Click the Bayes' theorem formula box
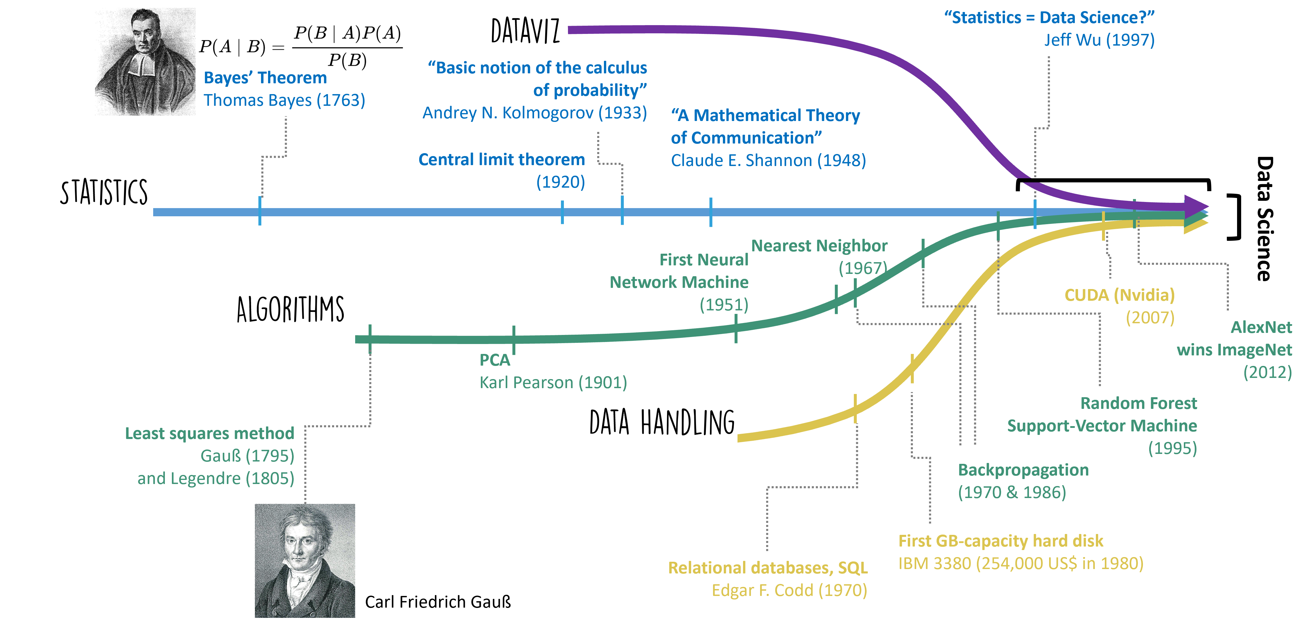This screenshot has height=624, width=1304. pos(302,48)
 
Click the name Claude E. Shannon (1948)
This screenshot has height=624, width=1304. pos(768,160)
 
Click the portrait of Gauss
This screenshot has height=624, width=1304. pos(305,560)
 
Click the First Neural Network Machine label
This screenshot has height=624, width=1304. pos(679,271)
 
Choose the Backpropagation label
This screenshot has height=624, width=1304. pos(1023,470)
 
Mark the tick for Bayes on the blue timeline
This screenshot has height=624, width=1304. pos(260,211)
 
